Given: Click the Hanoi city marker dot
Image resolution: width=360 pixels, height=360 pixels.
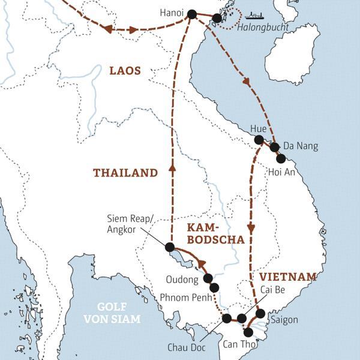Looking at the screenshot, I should [192, 14].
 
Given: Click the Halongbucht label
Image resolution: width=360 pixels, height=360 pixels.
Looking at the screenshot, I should [262, 28].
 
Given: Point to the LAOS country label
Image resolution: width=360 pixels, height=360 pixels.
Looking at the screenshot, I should [125, 71].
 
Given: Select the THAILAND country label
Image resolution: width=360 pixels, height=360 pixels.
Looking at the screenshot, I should [125, 173].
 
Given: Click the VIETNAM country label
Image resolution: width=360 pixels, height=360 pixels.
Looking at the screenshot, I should [287, 277].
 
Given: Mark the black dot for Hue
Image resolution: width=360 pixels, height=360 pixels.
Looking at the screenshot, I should [259, 140].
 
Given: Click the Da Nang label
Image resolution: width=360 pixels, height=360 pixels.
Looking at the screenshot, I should [300, 146].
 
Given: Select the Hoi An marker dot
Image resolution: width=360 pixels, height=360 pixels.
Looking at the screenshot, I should [280, 159].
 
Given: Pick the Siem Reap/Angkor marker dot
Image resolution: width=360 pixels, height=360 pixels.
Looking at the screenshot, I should [170, 247].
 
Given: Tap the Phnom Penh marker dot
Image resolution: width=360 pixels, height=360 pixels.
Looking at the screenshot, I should [215, 287].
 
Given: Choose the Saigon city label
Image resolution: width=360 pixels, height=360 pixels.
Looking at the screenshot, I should [284, 320].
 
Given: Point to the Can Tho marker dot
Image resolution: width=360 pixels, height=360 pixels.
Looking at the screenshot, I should [248, 332].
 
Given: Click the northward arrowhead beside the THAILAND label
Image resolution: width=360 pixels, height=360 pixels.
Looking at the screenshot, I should [172, 168].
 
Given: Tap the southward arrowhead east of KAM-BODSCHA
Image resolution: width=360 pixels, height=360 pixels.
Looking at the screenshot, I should [251, 228].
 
